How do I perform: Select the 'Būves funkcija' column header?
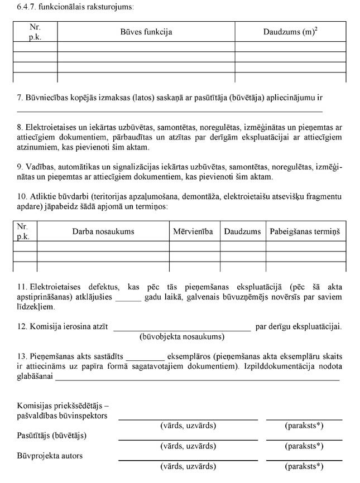146,32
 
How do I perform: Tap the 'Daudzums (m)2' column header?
290,32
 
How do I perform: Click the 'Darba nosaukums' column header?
103,231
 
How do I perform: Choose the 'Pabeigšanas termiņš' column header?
305,231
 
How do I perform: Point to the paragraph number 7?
20,98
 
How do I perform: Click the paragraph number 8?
20,127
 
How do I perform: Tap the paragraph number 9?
20,167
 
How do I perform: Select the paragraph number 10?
21,196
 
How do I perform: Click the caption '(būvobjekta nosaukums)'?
181,337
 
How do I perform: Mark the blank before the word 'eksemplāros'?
145,357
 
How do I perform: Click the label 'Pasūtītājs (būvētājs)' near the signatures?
52,435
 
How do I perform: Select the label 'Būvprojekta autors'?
50,456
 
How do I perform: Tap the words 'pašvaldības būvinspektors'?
62,416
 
